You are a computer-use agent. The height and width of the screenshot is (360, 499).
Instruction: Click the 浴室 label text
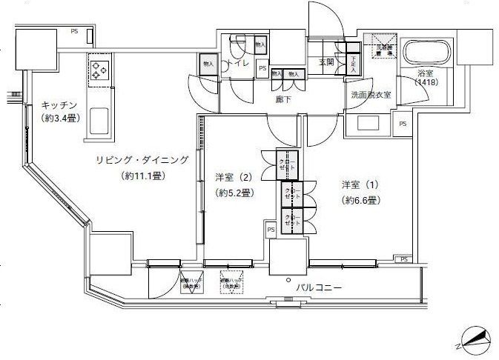(425, 73)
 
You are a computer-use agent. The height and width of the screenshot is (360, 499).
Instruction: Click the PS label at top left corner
(74, 31)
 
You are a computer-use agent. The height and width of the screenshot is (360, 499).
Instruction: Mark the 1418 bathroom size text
(426, 83)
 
